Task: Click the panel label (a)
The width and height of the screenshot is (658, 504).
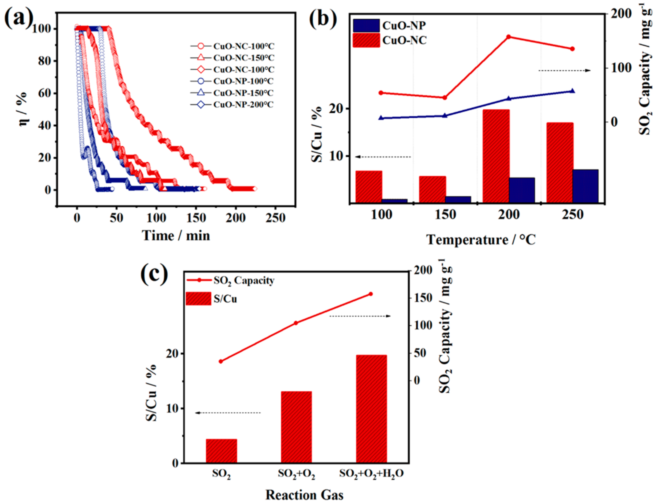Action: tap(18, 19)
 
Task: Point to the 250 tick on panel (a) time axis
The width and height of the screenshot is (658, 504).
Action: tap(275, 218)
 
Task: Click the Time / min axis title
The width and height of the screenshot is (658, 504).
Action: tap(176, 236)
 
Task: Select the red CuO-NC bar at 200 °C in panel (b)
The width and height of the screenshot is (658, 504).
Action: tap(496, 156)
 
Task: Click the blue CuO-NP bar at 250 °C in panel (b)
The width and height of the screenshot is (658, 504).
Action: tap(585, 186)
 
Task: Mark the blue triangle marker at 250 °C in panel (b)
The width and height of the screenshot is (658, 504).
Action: tap(572, 91)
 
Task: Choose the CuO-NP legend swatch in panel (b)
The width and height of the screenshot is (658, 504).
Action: tap(366, 26)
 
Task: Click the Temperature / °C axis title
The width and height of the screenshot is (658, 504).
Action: tap(481, 240)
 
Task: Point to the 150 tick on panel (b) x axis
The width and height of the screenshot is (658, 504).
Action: tap(445, 215)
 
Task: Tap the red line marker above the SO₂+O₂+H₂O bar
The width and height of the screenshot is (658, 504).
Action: tap(371, 294)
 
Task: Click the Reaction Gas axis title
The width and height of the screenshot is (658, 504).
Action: tap(304, 495)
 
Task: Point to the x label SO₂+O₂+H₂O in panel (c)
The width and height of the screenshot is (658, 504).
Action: tap(371, 474)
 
